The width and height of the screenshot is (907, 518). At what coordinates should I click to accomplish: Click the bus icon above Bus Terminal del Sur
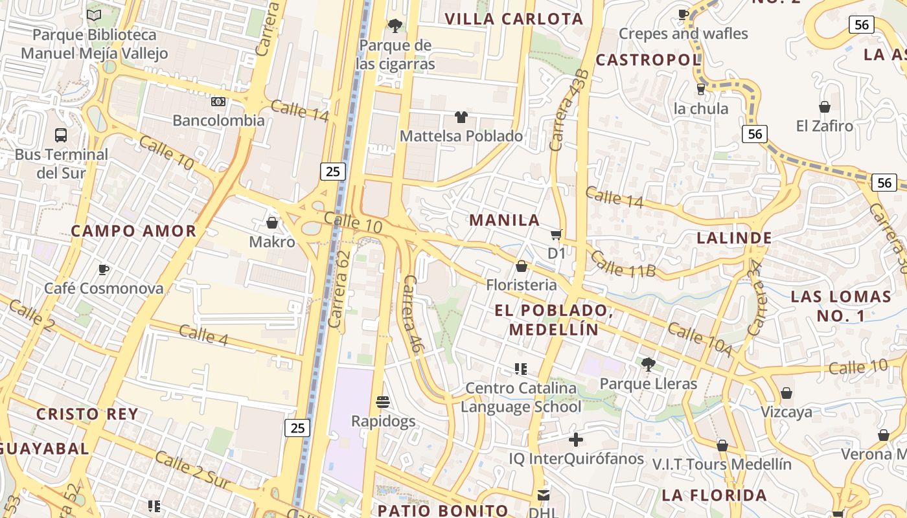(61, 135)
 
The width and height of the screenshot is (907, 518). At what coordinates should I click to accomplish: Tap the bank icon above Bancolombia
(218, 102)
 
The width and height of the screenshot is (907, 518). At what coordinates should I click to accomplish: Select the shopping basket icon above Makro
(272, 223)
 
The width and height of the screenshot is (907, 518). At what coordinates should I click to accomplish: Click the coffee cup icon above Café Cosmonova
(103, 269)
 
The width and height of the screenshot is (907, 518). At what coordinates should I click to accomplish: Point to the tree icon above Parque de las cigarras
(395, 26)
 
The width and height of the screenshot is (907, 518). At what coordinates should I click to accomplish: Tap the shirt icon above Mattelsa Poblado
(461, 117)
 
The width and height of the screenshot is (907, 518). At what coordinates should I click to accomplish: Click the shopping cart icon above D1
(556, 234)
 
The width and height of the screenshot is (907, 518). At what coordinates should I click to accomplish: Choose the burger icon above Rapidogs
(383, 402)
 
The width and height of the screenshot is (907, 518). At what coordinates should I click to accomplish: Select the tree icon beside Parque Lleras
(648, 365)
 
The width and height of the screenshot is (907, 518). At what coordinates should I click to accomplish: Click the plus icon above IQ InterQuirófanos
(575, 440)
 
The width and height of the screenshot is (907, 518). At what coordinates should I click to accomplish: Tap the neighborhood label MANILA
(505, 220)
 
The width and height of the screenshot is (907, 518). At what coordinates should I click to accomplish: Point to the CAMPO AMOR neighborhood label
(133, 231)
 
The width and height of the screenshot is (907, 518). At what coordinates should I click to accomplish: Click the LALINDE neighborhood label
(734, 238)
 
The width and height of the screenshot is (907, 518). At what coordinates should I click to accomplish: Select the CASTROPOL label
(648, 60)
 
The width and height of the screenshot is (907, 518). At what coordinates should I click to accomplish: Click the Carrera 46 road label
(413, 314)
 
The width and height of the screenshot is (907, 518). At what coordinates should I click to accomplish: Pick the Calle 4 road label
(203, 335)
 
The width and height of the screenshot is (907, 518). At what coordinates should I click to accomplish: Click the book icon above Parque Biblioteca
(94, 15)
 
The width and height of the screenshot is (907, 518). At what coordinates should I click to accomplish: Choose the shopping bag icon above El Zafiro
(825, 107)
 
